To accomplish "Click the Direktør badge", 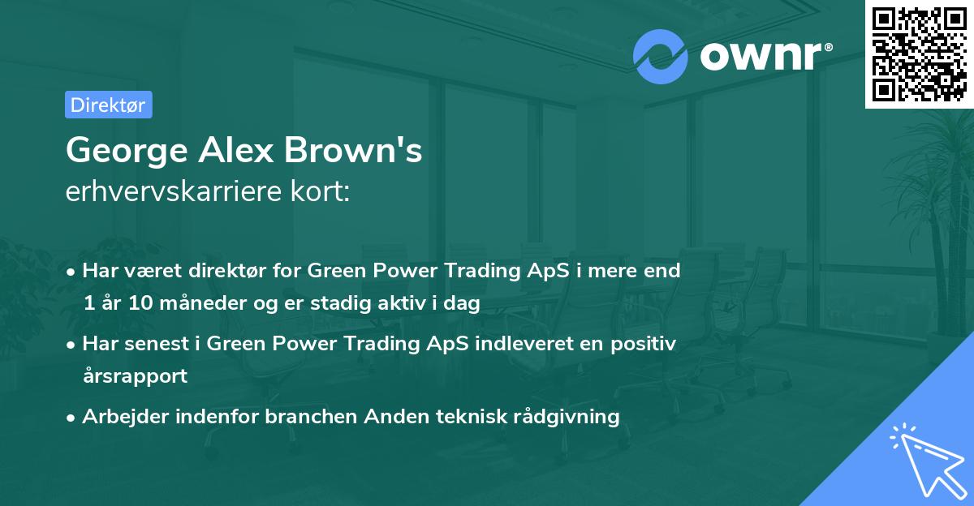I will click(108, 105).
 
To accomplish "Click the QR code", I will click(919, 54).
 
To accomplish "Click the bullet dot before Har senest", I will click(72, 345).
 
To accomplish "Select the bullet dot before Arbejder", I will click(72, 418).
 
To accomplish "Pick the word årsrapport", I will click(135, 375).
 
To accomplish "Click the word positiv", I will click(646, 344).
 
